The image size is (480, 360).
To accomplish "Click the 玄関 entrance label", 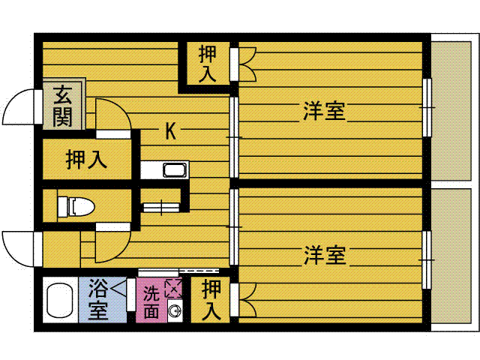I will (62, 106).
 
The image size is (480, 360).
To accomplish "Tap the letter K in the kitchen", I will (170, 132).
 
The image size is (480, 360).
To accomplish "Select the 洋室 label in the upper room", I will (324, 111).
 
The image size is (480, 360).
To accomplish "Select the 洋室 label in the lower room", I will (325, 255).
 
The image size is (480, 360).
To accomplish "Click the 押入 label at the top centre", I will (207, 64).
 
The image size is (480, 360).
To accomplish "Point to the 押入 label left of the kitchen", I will (86, 159).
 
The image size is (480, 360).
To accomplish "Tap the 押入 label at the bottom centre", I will (212, 299).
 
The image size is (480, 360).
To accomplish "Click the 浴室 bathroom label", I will (98, 298).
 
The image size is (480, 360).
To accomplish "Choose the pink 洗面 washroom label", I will (151, 301).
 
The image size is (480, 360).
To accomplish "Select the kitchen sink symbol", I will (174, 170).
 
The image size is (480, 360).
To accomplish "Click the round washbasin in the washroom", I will (174, 311).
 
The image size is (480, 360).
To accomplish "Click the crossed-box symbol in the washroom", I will (173, 287).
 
